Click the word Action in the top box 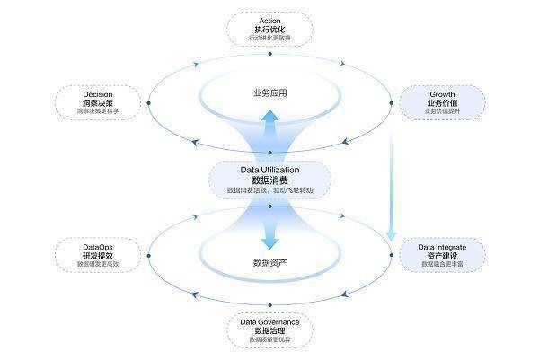(269, 21)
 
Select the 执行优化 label (269, 31)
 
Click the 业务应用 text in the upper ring (269, 93)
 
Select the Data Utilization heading (269, 169)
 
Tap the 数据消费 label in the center (269, 180)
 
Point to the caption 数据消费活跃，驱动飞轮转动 (269, 191)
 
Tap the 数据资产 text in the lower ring (269, 263)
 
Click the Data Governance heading (269, 320)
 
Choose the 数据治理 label (269, 331)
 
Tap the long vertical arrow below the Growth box (391, 180)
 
